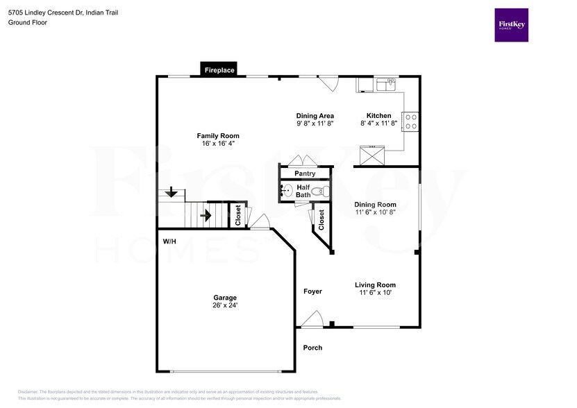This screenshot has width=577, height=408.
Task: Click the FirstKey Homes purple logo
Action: coord(511,25)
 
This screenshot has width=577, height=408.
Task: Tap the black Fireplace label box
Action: coord(219,70)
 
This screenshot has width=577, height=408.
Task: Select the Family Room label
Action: coord(217,136)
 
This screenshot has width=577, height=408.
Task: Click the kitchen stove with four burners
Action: coord(411,121)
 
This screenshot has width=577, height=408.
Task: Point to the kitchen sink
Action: coord(385,85)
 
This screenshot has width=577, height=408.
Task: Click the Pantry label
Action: coord(305,173)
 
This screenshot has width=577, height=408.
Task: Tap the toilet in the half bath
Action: coord(318,191)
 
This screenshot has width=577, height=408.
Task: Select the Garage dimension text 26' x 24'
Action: coord(225,305)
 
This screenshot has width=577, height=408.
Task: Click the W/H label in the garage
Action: coord(169,241)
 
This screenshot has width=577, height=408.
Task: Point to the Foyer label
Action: coord(312,291)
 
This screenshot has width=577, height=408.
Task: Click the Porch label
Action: coord(312,348)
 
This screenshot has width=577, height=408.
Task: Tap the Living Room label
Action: coord(375,284)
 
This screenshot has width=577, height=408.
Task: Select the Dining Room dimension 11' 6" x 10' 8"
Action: coord(375,213)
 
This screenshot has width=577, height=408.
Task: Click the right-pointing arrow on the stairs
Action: coord(206,216)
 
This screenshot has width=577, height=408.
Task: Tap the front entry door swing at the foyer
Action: coord(312,318)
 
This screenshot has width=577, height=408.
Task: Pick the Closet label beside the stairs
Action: coord(237,215)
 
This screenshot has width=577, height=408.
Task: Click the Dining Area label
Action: coord(315,116)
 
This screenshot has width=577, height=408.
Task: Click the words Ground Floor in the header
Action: coord(27,23)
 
